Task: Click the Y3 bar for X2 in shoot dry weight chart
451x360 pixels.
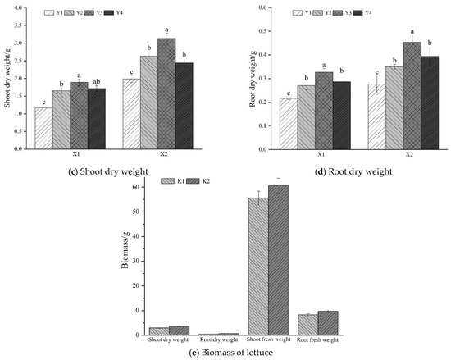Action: [166, 93]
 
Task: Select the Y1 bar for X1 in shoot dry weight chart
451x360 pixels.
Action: [43, 128]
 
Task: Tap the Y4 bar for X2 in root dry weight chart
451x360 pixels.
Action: [430, 103]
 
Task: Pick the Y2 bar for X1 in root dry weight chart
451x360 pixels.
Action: [307, 117]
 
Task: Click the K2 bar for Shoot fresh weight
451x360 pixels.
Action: [279, 260]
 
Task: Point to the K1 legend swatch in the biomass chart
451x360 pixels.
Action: [167, 181]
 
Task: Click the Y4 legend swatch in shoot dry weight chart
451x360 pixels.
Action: [109, 12]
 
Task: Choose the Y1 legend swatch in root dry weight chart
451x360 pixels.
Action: [298, 12]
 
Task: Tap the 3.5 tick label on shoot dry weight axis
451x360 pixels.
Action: [18, 25]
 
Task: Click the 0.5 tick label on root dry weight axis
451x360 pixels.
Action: [262, 31]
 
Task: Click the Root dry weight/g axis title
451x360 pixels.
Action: [253, 79]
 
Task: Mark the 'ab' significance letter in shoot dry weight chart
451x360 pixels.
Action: [97, 81]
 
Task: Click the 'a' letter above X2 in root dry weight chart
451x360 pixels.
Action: [412, 31]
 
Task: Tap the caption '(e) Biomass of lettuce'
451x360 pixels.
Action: [231, 353]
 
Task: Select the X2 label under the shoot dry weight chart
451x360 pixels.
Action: [164, 154]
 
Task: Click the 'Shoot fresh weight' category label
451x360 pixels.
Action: [269, 339]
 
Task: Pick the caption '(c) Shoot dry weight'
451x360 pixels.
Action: [108, 171]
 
